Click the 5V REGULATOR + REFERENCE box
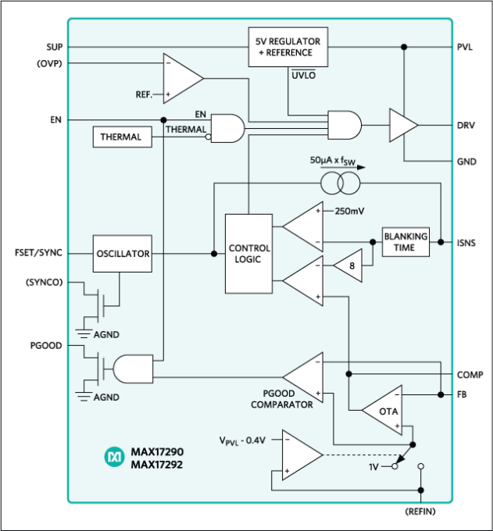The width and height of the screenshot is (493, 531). [x=288, y=47]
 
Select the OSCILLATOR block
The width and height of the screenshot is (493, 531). [x=122, y=254]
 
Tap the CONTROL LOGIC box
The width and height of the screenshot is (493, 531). [x=249, y=254]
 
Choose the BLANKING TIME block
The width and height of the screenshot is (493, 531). [x=405, y=242]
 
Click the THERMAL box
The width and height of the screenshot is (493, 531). [x=121, y=137]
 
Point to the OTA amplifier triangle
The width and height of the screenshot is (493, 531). [x=385, y=411]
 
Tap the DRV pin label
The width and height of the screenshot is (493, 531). [x=466, y=125]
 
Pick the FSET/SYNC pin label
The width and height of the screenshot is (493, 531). [x=39, y=253]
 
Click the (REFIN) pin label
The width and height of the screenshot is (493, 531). [x=420, y=511]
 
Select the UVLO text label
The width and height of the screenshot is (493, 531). [x=303, y=76]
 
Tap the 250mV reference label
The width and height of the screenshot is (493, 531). [x=349, y=211]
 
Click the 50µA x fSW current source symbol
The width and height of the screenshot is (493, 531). [x=340, y=184]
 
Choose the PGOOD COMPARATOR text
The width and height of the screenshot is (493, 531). [x=282, y=399]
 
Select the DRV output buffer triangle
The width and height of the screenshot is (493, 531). [x=402, y=125]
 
